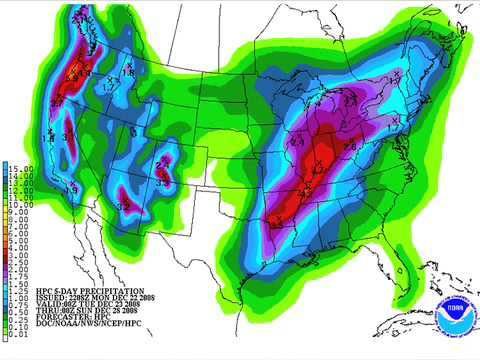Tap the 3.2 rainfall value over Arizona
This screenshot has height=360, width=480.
click(x=124, y=205)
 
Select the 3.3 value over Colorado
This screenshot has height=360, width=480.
click(x=162, y=182)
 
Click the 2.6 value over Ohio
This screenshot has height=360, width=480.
click(x=349, y=146)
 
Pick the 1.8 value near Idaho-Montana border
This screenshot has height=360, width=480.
click(x=128, y=73)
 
